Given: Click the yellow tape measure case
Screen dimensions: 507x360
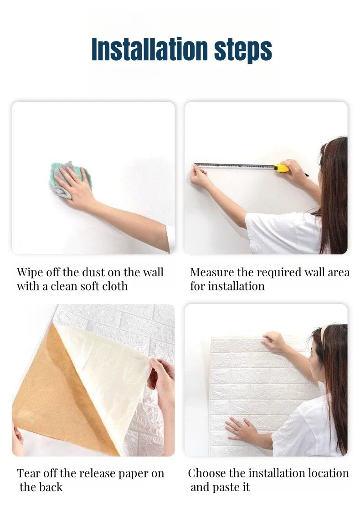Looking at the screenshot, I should pos(281,168).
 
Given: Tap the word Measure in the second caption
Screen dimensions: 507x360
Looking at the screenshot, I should pos(212,273).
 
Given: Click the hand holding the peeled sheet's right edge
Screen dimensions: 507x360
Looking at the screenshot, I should pos(162,376).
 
